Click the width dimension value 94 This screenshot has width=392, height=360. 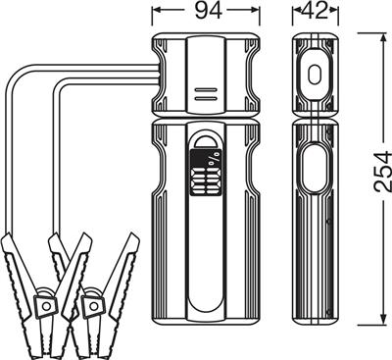coord(209,11)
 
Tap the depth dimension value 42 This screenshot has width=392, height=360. coord(315,11)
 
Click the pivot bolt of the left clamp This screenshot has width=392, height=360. coord(46,306)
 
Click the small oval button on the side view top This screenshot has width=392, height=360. coord(315,75)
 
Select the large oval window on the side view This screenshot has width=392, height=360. coord(315,170)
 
